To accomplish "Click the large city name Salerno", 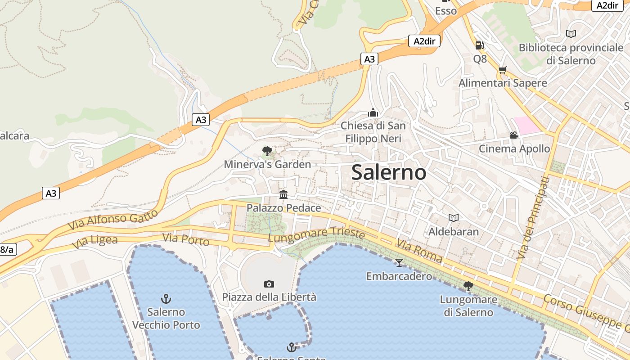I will coord(389,172).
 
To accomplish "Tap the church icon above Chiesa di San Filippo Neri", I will coord(373,112).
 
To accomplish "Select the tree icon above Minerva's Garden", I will coord(267,151).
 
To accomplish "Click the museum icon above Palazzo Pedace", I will coord(283,194).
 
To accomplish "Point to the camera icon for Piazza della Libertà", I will coord(269,284).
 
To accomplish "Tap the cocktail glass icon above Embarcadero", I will coord(399,262).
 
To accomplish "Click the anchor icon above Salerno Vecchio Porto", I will coord(166,298).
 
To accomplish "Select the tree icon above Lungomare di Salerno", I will coord(468,286).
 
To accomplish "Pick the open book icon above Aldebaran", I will coord(454,218).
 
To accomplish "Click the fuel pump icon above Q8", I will coord(480,45).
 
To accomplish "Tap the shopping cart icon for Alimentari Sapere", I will coord(502,70).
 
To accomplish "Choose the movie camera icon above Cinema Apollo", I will coord(514,135).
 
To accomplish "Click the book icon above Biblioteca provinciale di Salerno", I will coord(571,34).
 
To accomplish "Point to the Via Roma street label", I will coord(418,251).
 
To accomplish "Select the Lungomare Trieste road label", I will coord(316,235).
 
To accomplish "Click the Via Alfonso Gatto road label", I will coord(113,219).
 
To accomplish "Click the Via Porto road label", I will coord(186,240).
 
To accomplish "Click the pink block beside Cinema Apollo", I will coord(526,125).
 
